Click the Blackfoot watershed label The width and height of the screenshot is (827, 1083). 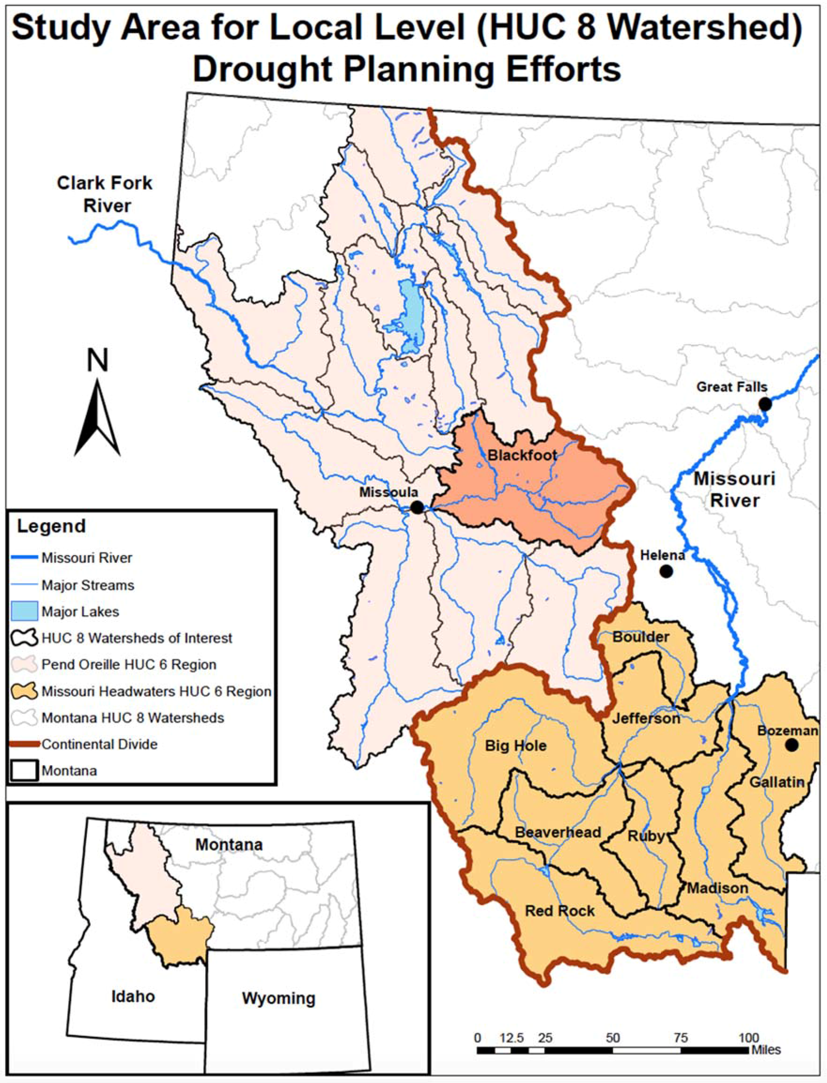point(522,455)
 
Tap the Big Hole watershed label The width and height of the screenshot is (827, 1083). point(515,746)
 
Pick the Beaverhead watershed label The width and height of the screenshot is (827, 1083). point(558,832)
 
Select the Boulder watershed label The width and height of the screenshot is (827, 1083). point(640,637)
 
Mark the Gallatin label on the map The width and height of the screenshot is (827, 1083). point(776,782)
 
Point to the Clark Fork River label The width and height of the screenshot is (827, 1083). point(105,195)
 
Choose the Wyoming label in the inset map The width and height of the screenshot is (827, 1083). point(278,999)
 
